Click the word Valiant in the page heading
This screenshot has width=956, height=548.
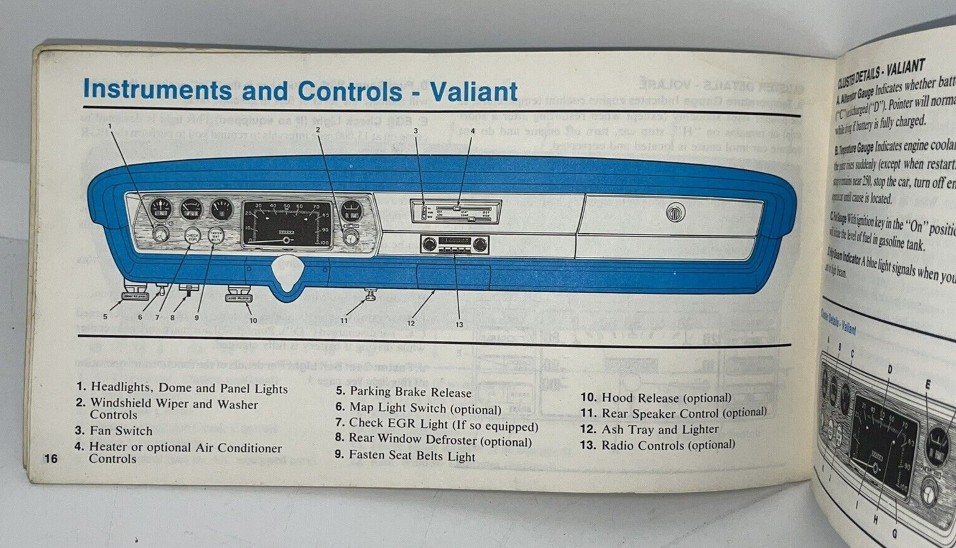[473, 91]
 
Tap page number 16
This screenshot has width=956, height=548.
[50, 458]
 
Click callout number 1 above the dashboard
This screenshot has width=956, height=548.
[110, 126]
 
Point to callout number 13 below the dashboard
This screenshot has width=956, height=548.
[459, 325]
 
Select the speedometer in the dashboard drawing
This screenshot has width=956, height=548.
[286, 224]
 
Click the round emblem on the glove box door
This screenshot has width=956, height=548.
[675, 213]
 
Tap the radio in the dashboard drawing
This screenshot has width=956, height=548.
[454, 244]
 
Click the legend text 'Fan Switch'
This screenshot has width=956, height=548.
[121, 430]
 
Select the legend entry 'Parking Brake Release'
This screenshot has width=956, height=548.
[410, 392]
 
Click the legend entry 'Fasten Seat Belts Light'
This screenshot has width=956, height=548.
[412, 456]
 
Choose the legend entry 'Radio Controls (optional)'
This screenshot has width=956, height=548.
[667, 445]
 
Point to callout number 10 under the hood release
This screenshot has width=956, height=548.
[253, 320]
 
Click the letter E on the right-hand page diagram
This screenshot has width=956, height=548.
[927, 384]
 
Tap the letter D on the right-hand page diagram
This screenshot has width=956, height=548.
[889, 369]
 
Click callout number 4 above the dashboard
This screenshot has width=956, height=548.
[472, 131]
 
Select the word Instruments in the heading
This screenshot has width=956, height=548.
[157, 90]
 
